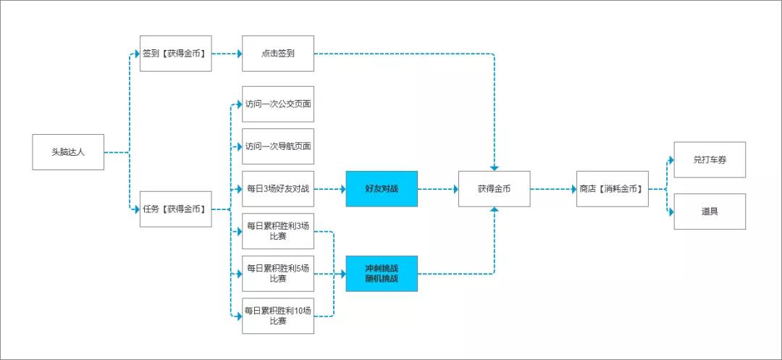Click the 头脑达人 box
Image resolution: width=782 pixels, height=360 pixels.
coord(68,152)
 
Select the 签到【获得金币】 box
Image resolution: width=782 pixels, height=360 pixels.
coord(175,54)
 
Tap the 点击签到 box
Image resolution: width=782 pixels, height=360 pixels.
coord(278,54)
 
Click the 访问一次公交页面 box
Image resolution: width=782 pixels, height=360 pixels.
coord(278,104)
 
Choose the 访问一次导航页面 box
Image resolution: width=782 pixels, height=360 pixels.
coord(278,146)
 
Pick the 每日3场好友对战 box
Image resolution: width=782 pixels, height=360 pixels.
coord(278,189)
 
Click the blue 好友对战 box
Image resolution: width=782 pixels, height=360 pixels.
coord(382,189)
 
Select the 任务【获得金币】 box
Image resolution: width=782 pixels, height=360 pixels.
coord(175,209)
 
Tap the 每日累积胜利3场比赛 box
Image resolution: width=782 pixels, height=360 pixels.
coord(278,231)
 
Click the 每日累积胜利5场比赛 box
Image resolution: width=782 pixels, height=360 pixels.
coord(278,273)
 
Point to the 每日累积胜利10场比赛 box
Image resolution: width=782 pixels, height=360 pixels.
coord(278,316)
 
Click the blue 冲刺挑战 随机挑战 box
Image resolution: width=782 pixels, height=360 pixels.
coord(382,273)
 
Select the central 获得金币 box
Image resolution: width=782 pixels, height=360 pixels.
coord(495,189)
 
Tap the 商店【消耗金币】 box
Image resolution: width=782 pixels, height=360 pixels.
coord(613,189)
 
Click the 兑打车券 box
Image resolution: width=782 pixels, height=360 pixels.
coord(710,160)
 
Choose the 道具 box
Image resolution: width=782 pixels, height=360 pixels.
coord(710,212)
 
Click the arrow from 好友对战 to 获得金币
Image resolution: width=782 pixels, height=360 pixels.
coord(438,189)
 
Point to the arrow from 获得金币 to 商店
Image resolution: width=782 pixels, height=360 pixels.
coord(554,189)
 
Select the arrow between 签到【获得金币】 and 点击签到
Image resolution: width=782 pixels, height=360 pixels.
coord(227,54)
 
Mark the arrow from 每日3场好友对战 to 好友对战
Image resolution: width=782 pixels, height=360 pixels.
coord(330,189)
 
